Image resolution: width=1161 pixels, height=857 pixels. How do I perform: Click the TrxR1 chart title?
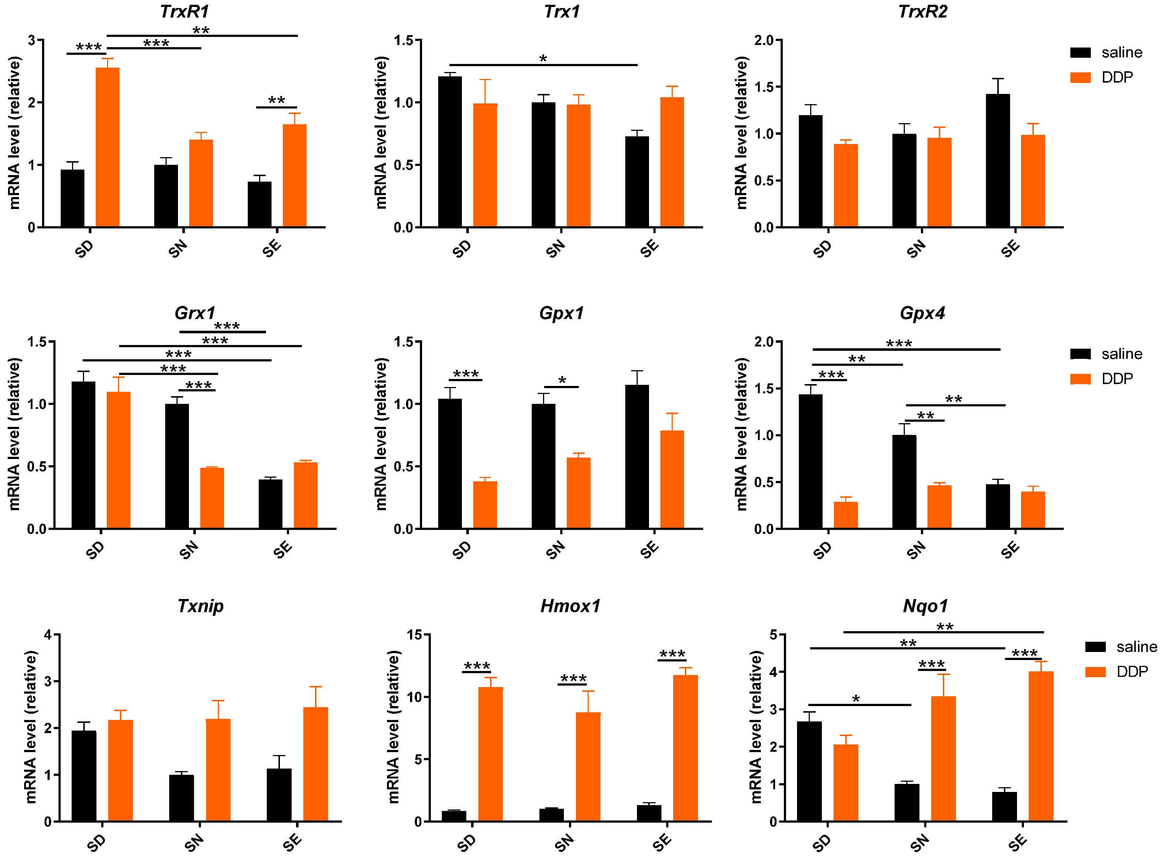click(184, 11)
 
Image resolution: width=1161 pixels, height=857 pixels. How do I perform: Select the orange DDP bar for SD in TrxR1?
click(107, 148)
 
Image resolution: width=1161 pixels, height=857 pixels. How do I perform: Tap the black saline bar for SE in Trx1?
click(637, 182)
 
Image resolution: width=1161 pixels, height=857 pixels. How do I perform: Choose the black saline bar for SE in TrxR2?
click(998, 161)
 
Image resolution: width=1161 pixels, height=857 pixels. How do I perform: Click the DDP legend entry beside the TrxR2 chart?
click(1105, 77)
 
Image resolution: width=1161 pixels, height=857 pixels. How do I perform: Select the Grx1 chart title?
click(194, 313)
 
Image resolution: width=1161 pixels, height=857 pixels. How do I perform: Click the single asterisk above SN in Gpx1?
click(562, 381)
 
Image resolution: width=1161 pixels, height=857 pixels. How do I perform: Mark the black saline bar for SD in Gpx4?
click(810, 462)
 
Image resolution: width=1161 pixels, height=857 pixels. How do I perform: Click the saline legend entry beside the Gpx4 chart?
click(1105, 354)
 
